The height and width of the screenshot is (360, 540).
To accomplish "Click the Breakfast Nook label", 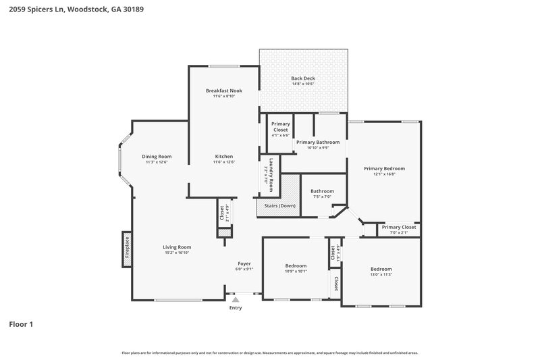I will click(x=223, y=91).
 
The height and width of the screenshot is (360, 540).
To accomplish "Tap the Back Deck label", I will click(x=303, y=78).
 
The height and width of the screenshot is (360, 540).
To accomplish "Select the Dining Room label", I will click(x=156, y=156).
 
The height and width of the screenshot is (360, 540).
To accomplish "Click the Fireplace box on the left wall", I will click(x=126, y=247).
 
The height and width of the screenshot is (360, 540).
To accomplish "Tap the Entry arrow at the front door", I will click(x=235, y=299).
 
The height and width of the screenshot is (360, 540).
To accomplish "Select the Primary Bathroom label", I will click(x=317, y=143).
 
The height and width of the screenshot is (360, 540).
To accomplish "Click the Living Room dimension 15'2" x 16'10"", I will click(x=177, y=253).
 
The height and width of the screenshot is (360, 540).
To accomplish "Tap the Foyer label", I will click(x=244, y=263).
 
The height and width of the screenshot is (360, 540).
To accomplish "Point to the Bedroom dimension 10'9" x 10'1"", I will click(x=296, y=272).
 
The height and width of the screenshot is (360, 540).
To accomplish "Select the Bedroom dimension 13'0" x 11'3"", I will click(x=381, y=274).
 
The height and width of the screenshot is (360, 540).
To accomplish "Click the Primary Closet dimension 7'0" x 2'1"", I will click(x=399, y=233).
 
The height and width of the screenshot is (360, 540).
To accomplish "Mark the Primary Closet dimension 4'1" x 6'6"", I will click(x=280, y=135).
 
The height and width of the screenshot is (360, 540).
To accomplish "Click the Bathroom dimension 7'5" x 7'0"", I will click(x=322, y=197).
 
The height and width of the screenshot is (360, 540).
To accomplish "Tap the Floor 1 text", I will click(x=21, y=324).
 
